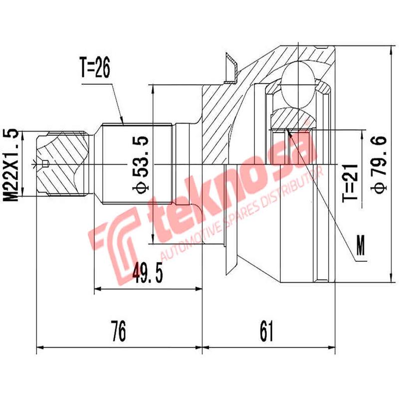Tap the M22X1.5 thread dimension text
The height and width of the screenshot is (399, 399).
tap(11, 165)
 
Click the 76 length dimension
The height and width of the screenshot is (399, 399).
tap(118, 331)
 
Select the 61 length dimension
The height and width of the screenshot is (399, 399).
tap(267, 331)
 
